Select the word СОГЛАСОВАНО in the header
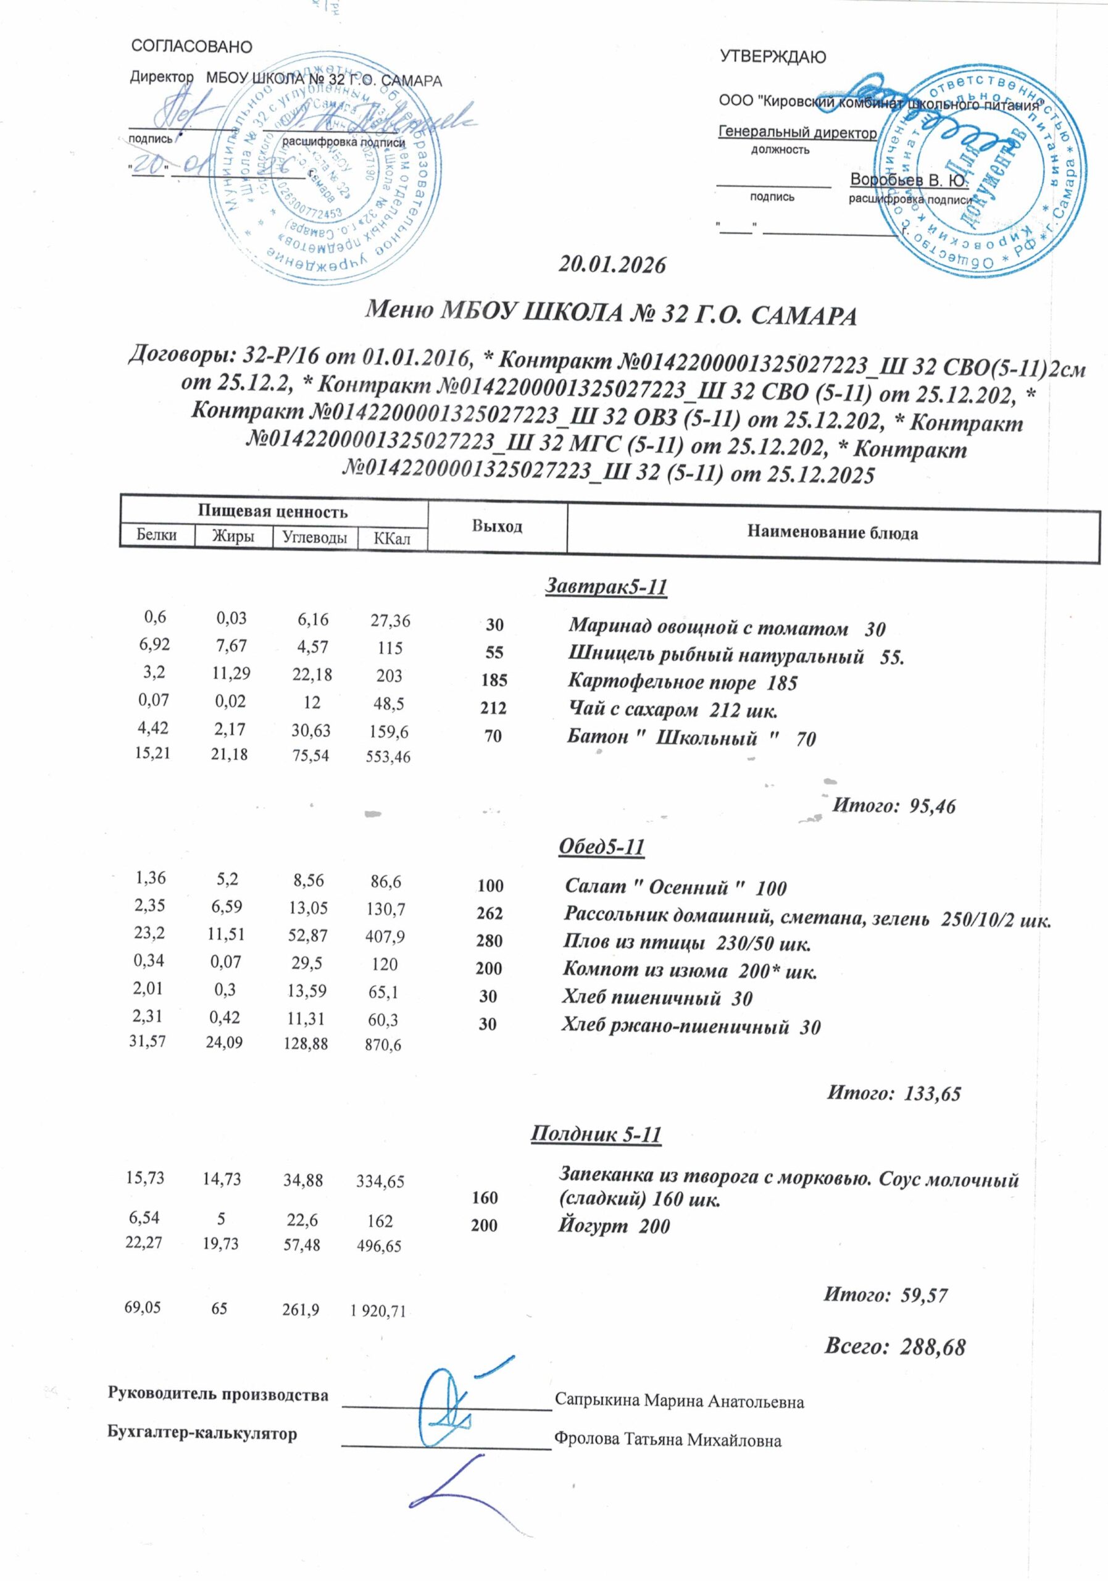191,47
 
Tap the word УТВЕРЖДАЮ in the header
773,56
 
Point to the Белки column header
157,535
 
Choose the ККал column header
391,538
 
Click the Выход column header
497,527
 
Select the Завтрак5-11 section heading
607,587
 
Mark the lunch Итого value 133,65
932,1092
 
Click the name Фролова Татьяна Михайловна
667,1441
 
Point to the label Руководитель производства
218,1395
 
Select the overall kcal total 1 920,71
378,1312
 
